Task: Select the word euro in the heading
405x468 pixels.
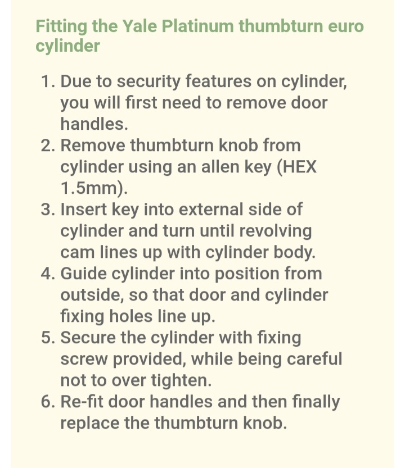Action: pyautogui.click(x=344, y=26)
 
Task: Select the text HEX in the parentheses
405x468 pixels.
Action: pyautogui.click(x=295, y=167)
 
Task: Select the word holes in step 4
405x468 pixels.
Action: pyautogui.click(x=123, y=316)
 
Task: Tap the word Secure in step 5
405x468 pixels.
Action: pyautogui.click(x=88, y=338)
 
